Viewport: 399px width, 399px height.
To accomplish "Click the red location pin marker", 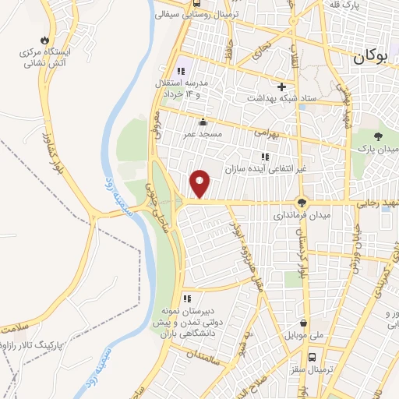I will (201, 183).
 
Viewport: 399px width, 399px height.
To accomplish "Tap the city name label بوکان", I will (369, 56).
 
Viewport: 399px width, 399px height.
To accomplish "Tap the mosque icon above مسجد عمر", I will (203, 121).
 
